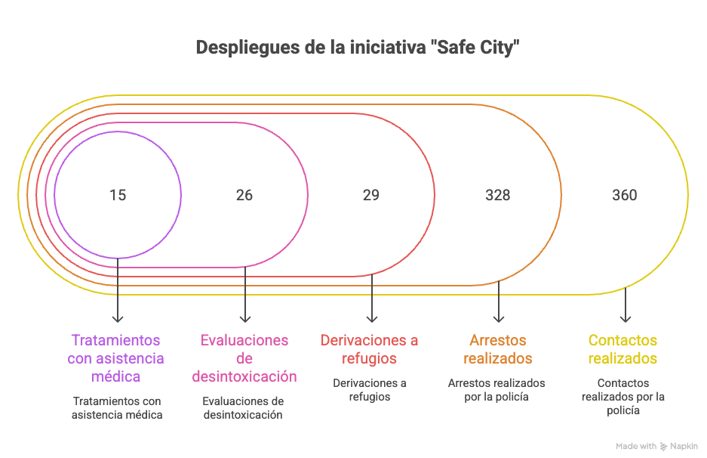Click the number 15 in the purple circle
(117, 195)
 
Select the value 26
(244, 195)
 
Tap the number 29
(370, 195)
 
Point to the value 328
(497, 195)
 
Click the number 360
(624, 195)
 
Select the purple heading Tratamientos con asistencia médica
(116, 357)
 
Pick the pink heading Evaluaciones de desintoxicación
(244, 357)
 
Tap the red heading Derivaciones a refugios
(370, 348)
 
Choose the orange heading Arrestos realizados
(497, 348)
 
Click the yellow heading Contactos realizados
(622, 348)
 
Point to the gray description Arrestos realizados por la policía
(496, 390)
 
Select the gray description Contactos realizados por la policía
(622, 397)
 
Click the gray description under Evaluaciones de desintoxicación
(243, 407)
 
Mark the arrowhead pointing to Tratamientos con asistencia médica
(117, 318)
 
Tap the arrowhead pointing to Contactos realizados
(625, 318)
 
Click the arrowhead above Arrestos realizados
(498, 318)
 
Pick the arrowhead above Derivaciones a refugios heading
(371, 318)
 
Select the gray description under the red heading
(370, 390)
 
